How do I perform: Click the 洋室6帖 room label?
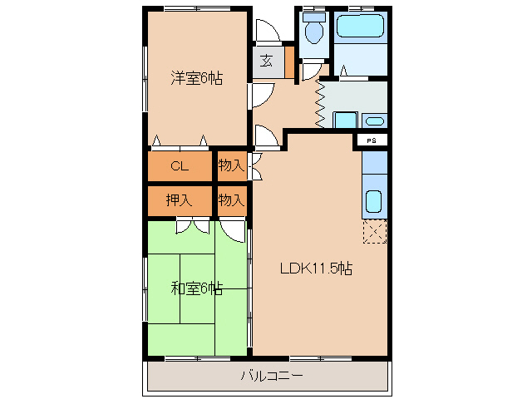click(x=196, y=79)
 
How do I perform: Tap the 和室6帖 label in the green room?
click(x=196, y=289)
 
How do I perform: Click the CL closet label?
click(x=180, y=165)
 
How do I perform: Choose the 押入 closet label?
click(x=179, y=199)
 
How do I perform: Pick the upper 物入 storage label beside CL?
click(x=231, y=165)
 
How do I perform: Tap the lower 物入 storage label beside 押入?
click(x=231, y=199)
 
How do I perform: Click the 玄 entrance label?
click(x=265, y=61)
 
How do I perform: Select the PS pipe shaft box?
click(x=372, y=140)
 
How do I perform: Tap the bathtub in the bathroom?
click(x=360, y=27)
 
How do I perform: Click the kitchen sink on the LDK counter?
click(x=374, y=201)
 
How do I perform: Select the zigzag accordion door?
click(x=319, y=103)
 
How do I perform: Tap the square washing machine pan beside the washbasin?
click(x=346, y=120)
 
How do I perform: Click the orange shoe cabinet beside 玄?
click(x=289, y=62)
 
